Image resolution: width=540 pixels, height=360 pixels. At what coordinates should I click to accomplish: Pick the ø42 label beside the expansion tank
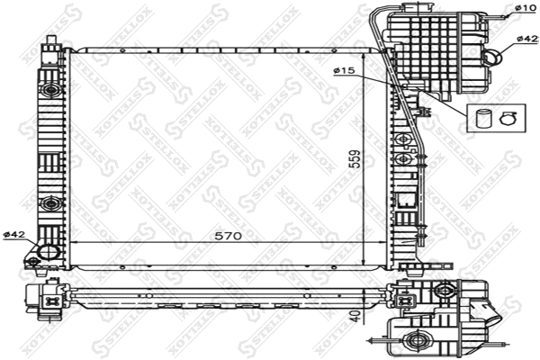[527, 40]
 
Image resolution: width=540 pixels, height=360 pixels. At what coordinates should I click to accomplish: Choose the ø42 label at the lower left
[13, 235]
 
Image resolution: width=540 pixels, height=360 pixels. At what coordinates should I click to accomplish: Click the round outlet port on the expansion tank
[493, 57]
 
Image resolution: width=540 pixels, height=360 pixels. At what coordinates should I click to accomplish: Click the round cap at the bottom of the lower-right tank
[415, 341]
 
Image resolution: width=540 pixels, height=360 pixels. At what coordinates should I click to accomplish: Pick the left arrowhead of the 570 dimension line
[74, 244]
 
